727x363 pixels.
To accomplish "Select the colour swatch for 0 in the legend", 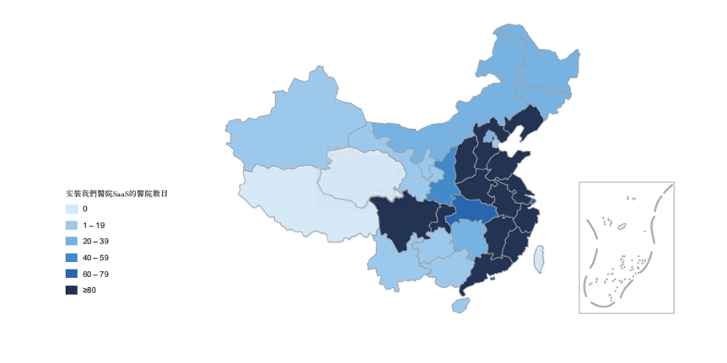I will [x=72, y=209].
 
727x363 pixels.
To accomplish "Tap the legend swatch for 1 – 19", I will [x=72, y=225].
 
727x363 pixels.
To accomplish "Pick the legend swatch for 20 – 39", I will [x=72, y=241].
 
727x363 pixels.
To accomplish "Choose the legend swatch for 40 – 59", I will [x=72, y=257].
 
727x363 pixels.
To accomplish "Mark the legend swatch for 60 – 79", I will [x=72, y=274].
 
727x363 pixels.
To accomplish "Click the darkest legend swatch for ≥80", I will [x=72, y=290].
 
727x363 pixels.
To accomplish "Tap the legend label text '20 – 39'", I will [x=95, y=241].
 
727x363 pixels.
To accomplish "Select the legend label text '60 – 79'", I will [x=95, y=274].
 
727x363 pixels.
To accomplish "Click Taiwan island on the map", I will [x=539, y=258].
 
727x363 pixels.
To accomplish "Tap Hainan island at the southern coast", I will [x=460, y=304].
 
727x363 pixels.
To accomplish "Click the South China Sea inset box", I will [x=626, y=247].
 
